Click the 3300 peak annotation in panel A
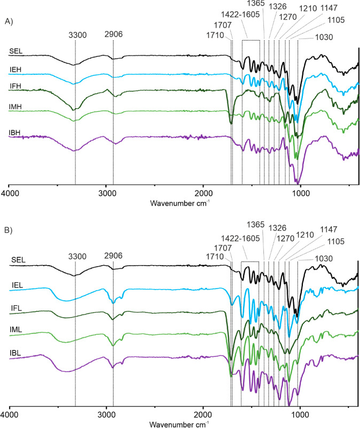pyautogui.click(x=76, y=37)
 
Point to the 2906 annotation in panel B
pyautogui.click(x=113, y=255)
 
